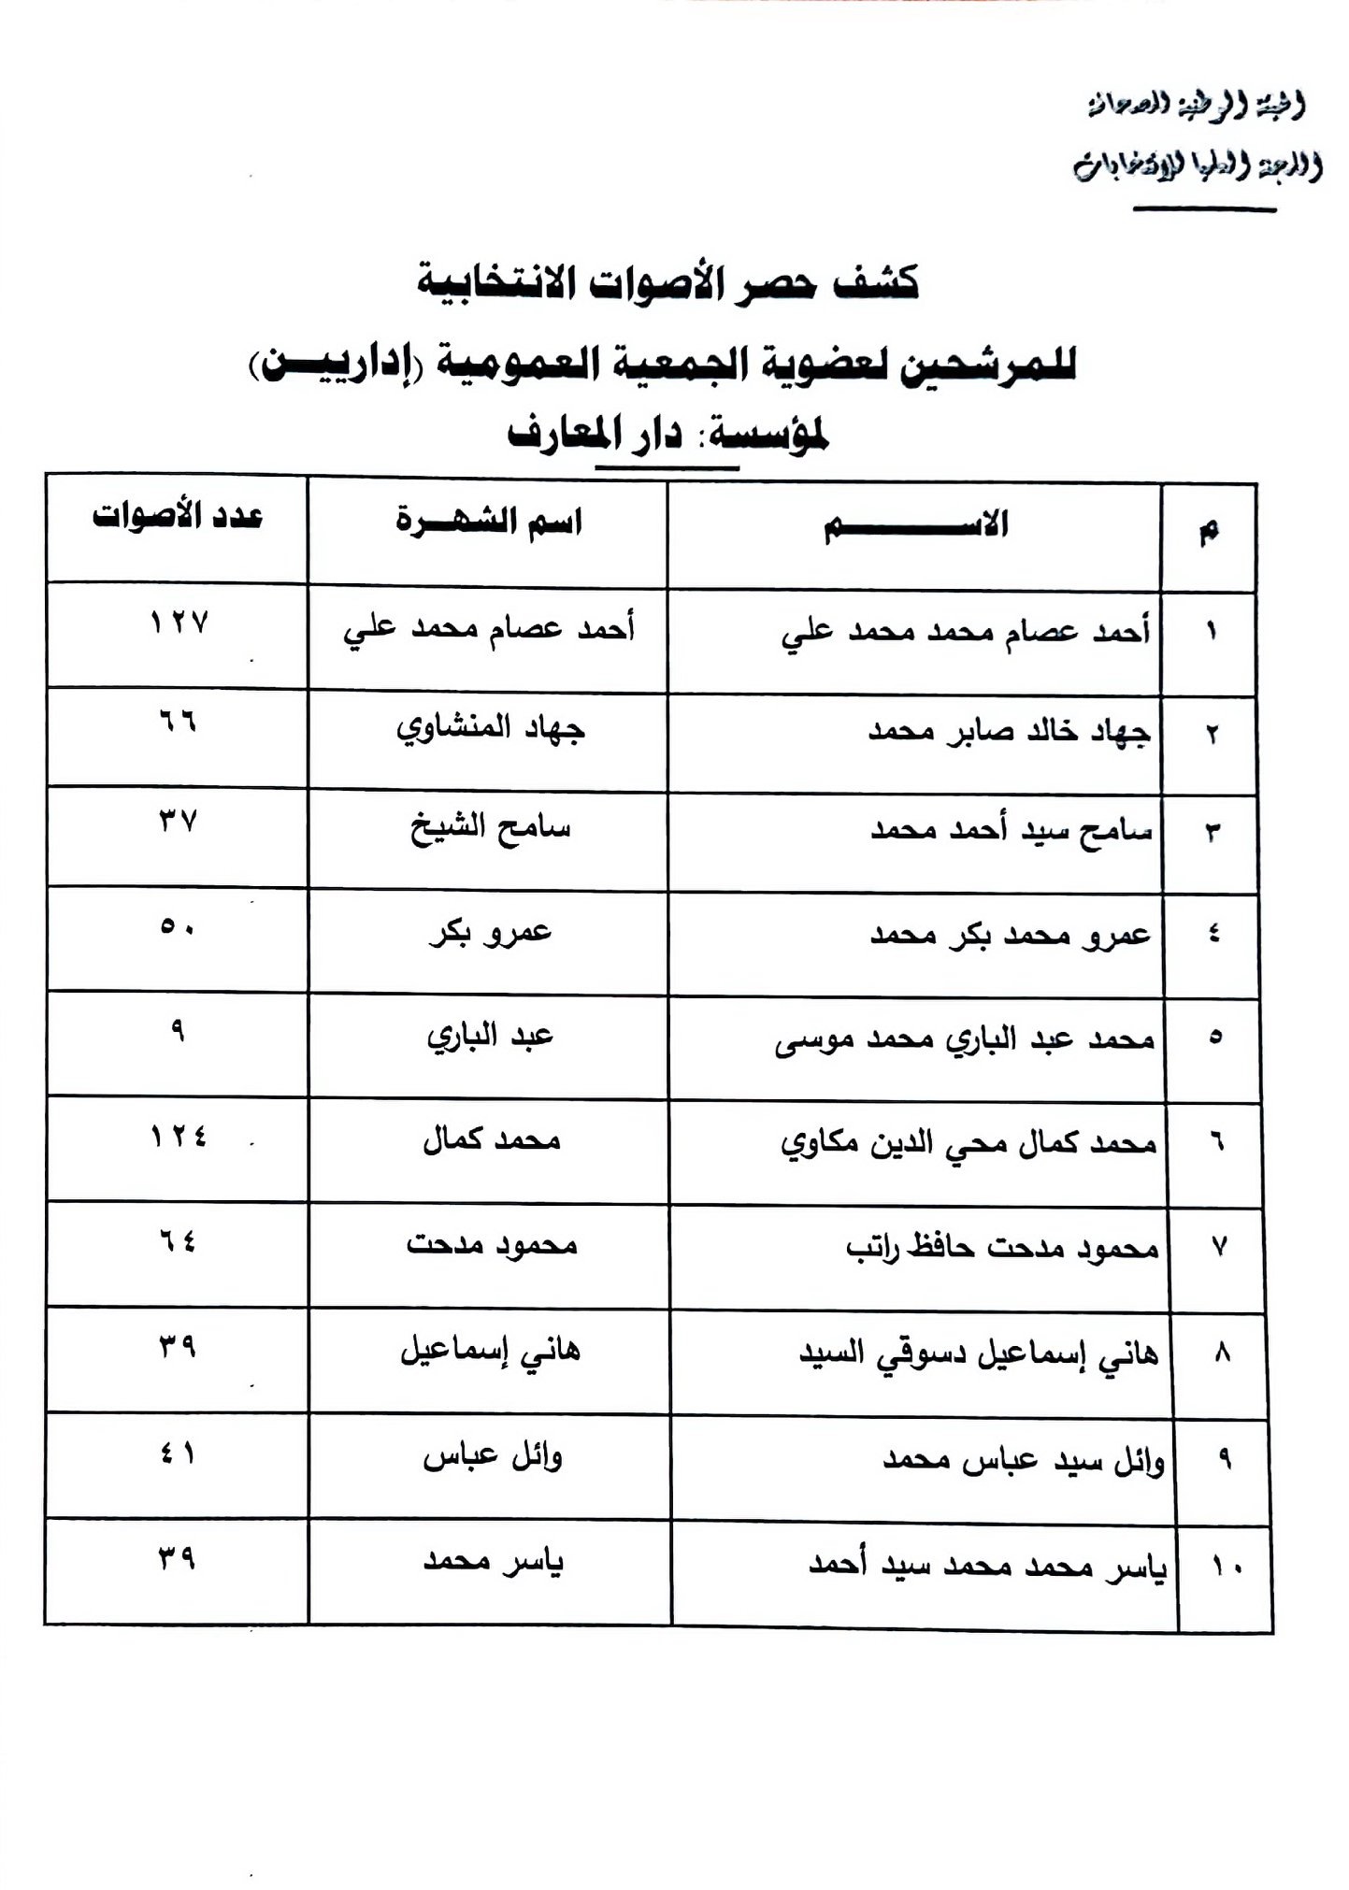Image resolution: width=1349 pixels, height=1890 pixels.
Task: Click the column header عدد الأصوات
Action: coord(178,517)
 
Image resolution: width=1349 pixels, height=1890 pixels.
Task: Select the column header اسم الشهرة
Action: coord(488,522)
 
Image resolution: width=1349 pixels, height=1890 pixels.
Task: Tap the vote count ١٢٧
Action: coord(179,623)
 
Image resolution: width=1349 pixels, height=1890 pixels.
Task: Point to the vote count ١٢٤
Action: coord(179,1137)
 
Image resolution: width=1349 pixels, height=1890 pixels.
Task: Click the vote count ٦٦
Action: coord(178,722)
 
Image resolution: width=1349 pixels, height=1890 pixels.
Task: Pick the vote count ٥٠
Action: coord(178,927)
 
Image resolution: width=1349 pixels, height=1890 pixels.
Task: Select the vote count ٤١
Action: coord(178,1454)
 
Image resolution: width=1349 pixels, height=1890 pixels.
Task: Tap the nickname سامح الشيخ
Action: coord(491,829)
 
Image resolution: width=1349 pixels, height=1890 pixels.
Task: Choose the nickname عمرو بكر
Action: coord(491,934)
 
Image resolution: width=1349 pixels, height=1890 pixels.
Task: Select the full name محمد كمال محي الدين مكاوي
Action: coord(969,1143)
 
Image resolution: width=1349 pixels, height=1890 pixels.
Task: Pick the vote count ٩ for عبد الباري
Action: coord(178,1030)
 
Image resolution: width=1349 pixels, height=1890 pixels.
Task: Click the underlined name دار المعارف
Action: coord(594,436)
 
